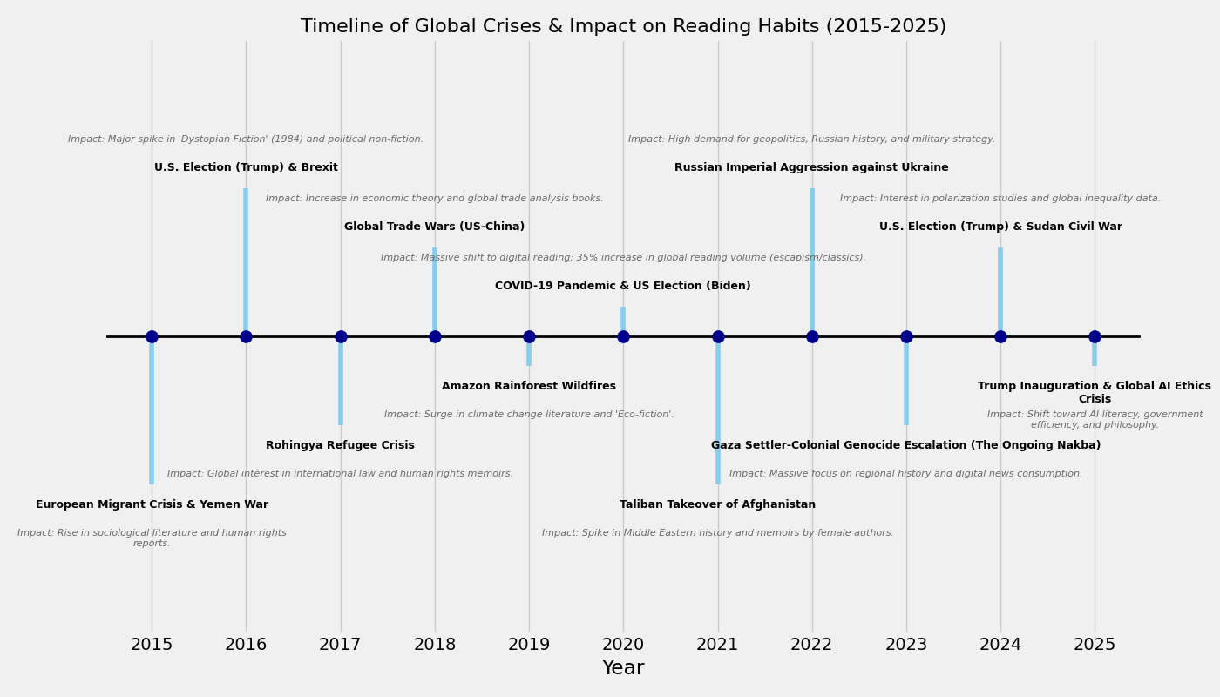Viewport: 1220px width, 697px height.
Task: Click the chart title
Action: (623, 26)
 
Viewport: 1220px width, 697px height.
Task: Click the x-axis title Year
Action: (623, 668)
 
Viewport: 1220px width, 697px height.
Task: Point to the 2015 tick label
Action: (152, 645)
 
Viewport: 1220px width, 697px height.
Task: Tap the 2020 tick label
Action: (623, 645)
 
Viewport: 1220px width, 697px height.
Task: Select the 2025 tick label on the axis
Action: (1095, 645)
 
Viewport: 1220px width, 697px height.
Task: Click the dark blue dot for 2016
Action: (246, 336)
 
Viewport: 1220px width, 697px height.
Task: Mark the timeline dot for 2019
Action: (529, 336)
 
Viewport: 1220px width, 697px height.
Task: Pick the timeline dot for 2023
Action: (906, 336)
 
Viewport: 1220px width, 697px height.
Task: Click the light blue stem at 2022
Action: (812, 261)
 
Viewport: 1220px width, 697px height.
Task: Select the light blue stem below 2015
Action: (152, 409)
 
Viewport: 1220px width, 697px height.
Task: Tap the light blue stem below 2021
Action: (718, 409)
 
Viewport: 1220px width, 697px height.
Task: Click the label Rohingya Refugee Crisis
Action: (340, 445)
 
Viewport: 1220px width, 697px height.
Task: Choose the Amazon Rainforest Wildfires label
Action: (529, 386)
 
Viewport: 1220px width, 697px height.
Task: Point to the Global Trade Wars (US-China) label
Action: (434, 227)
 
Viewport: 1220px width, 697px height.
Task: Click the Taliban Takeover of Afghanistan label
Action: (717, 504)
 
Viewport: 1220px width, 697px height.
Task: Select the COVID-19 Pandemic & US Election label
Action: (622, 286)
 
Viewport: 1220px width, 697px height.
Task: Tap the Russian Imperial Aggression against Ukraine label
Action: (811, 167)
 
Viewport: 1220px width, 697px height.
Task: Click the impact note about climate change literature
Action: (529, 415)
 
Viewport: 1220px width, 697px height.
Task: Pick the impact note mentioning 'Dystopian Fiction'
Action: (246, 139)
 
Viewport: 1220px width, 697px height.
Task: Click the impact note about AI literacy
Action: (1095, 420)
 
